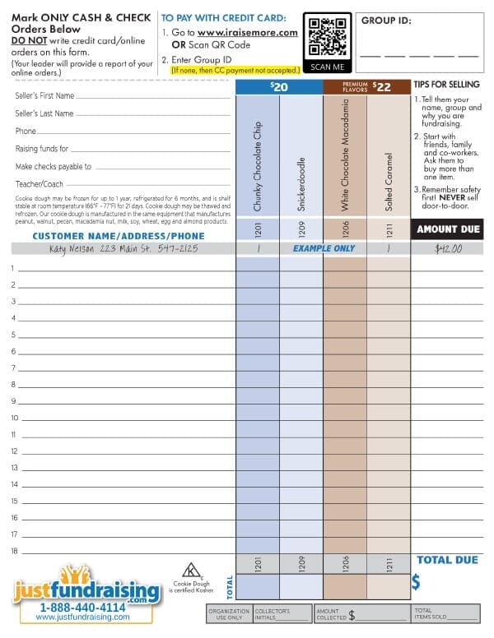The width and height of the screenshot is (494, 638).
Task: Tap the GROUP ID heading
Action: (386, 21)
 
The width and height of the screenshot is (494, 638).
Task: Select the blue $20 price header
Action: (278, 86)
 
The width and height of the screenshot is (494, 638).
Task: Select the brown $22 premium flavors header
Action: (366, 86)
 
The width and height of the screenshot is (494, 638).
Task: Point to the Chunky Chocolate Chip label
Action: (258, 155)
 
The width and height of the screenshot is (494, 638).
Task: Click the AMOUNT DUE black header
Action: (447, 229)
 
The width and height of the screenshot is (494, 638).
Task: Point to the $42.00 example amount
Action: (447, 248)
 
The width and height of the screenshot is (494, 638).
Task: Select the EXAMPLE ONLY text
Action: (324, 248)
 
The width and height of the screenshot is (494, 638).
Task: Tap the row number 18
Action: (14, 551)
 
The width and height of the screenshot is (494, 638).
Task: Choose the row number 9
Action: (14, 401)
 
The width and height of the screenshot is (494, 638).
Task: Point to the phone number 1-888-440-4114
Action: (82, 608)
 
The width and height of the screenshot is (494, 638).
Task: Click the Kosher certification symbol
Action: (192, 569)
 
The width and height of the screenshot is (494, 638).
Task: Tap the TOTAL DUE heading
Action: (447, 560)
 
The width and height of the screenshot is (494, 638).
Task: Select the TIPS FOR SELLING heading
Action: (447, 85)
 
